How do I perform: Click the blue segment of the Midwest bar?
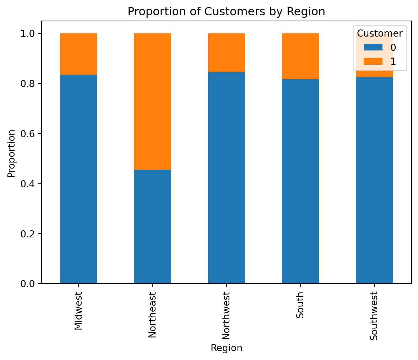click(x=78, y=179)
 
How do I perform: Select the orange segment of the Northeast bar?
click(x=152, y=102)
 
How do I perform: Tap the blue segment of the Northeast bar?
click(x=152, y=226)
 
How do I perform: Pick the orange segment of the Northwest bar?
click(x=226, y=53)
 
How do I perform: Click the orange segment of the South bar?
click(x=300, y=56)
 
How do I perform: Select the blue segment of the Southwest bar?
click(x=374, y=180)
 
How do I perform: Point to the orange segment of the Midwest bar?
click(x=78, y=54)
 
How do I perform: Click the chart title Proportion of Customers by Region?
click(x=226, y=12)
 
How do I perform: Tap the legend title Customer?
click(x=380, y=33)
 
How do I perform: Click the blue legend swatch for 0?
click(x=373, y=47)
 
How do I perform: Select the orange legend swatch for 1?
click(x=373, y=61)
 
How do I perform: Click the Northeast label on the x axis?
click(x=152, y=315)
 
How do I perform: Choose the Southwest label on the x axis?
click(x=374, y=316)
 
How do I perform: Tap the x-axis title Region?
click(x=226, y=348)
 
